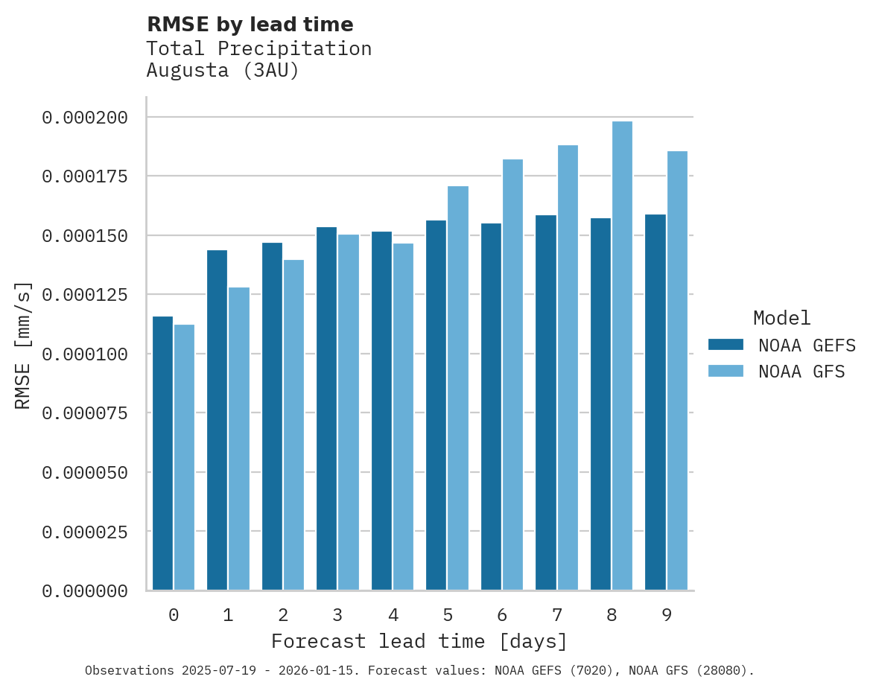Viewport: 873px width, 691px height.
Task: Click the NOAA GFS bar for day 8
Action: (622, 356)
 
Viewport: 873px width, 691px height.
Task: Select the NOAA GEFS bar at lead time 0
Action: (162, 453)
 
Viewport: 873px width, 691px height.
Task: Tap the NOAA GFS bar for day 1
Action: (239, 439)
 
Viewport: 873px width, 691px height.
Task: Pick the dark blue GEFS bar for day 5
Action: (436, 405)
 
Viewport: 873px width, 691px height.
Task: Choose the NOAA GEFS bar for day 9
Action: (655, 402)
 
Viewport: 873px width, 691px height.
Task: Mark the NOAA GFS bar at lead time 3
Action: (349, 413)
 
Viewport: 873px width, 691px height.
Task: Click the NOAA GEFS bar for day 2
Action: (272, 416)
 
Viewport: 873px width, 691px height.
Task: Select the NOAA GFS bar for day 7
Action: (568, 368)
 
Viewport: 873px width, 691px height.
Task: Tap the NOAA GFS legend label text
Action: (801, 371)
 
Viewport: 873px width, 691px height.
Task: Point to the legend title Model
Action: (781, 318)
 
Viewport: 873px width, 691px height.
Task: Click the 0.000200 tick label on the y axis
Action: (85, 118)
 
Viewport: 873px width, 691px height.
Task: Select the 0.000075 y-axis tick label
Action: (85, 413)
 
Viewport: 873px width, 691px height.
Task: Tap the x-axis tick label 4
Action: (393, 615)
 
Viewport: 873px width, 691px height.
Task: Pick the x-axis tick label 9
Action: (667, 615)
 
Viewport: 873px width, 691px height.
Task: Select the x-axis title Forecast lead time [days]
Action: (419, 641)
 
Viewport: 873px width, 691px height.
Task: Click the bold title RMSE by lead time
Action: (250, 25)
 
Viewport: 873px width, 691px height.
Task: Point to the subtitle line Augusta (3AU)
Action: (223, 71)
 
